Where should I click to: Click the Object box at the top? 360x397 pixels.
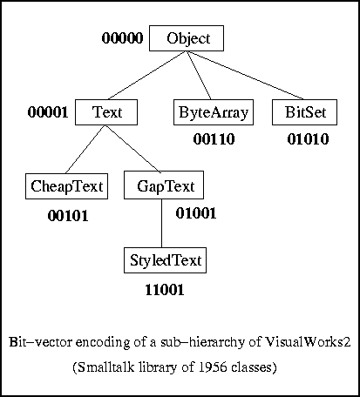point(187,39)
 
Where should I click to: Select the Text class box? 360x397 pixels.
point(106,112)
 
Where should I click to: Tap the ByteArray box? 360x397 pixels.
point(214,112)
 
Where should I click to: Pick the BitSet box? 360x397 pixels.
point(304,112)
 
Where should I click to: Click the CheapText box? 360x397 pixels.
point(67,186)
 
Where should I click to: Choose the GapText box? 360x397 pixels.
point(164,186)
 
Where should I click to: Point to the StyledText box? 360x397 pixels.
point(165,260)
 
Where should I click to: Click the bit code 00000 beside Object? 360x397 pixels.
point(122,38)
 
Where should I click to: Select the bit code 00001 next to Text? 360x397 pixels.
point(48,112)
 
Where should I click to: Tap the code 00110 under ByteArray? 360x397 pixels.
point(214,138)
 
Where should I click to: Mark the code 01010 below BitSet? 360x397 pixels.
point(308,138)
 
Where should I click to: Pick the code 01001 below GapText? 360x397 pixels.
point(196,212)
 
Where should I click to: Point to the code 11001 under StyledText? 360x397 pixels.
point(164,290)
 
